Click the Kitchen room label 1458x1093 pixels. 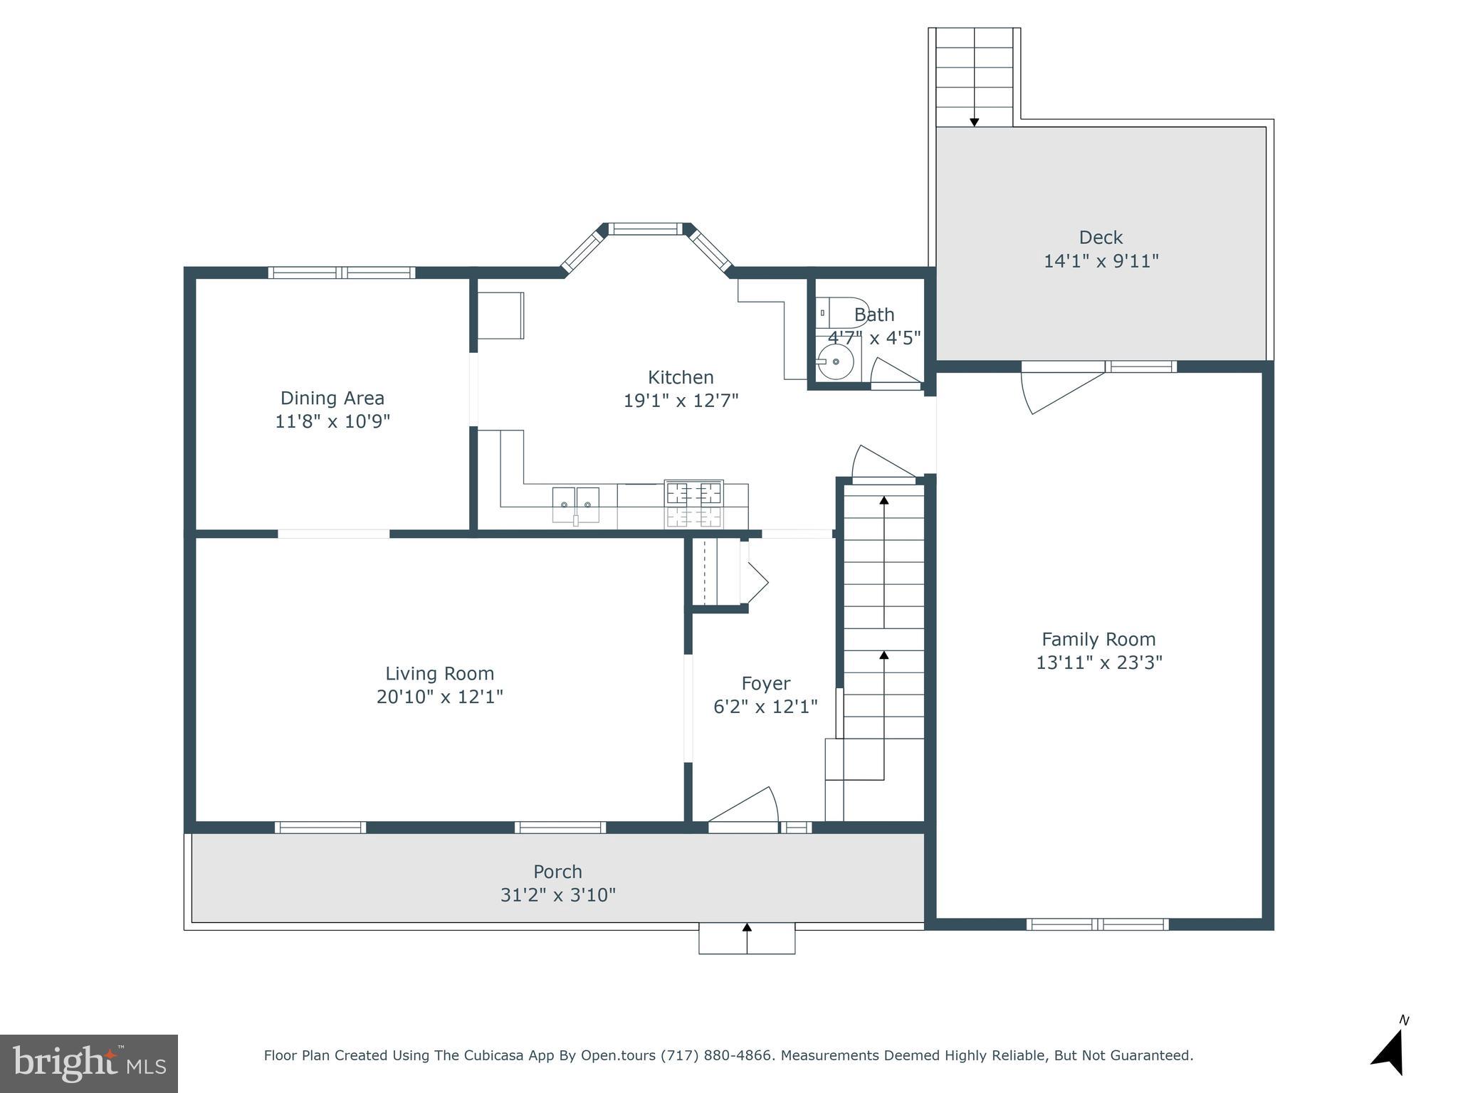point(680,377)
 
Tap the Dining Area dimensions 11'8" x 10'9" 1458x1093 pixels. point(332,421)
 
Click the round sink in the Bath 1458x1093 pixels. point(836,361)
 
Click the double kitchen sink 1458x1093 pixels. point(575,505)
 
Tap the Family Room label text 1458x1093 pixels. point(1098,639)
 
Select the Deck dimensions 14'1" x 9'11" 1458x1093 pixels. point(1101,261)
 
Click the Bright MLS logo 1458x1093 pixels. point(89,1063)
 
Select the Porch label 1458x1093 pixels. point(557,872)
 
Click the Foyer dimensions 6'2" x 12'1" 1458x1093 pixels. point(765,707)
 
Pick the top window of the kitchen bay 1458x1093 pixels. point(645,229)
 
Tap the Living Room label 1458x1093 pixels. point(439,673)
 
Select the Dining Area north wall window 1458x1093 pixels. point(342,273)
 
